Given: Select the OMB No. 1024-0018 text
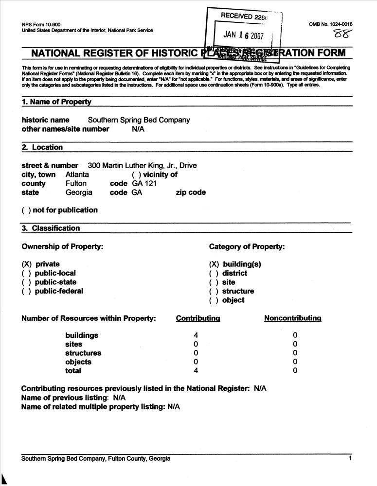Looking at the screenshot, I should pos(330,24).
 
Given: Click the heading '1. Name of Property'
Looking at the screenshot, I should pos(56,102).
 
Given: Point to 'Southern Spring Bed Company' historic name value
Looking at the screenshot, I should pos(139,120).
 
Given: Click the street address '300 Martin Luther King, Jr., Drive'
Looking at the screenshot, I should pos(142,165).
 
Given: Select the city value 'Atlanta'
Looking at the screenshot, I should pos(77,174).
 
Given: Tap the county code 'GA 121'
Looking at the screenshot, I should pos(145,184).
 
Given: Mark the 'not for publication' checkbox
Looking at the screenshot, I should pos(26,210).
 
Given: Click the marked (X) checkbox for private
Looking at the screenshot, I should pos(27,264).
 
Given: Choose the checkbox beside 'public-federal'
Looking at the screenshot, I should pos(26,291).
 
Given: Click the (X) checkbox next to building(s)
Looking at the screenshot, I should pos(214,264).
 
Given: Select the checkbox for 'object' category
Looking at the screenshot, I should pos(214,300).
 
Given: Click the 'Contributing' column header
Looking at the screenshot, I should pos(198,318).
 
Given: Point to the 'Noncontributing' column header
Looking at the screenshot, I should pos(293,318).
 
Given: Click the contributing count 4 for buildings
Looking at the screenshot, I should pos(196,335).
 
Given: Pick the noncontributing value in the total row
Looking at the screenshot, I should pos(295,371).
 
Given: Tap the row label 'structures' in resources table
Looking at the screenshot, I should pos(83,353).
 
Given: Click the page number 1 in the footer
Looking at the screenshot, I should pos(350,458).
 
